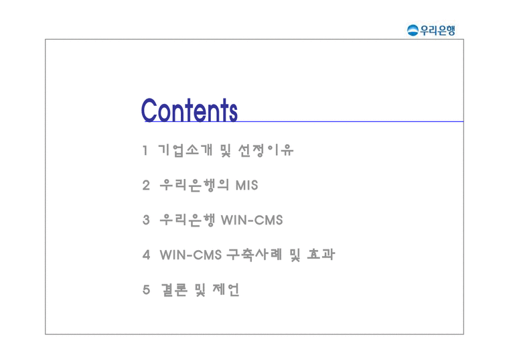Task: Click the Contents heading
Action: (190, 110)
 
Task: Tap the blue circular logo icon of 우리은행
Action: (413, 29)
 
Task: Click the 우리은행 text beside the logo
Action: (437, 29)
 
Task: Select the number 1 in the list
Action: (145, 150)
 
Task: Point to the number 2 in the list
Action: (146, 185)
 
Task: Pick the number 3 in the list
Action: (146, 220)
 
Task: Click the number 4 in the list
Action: (146, 255)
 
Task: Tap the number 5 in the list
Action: (146, 290)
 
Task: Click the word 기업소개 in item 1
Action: (185, 150)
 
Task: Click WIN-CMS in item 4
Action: (191, 255)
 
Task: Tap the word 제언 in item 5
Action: (225, 290)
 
